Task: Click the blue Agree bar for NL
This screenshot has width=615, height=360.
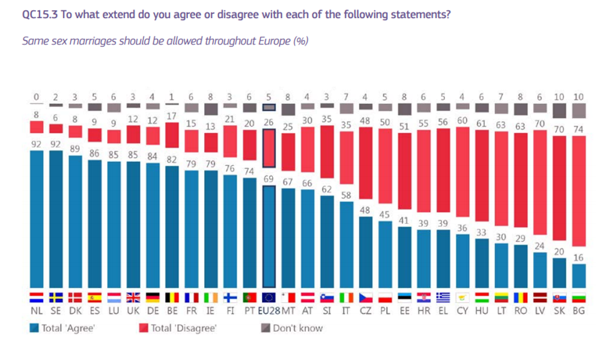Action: [x=37, y=219]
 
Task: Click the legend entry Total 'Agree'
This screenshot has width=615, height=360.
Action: [x=63, y=328]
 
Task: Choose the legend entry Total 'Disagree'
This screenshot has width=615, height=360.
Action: [x=178, y=328]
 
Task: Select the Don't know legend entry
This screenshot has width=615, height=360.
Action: [x=291, y=328]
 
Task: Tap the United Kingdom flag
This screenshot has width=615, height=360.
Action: [x=134, y=297]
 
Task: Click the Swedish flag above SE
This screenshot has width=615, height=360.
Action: [x=56, y=297]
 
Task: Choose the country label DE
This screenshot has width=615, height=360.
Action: [x=153, y=311]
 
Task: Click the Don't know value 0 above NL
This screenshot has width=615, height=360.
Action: [x=37, y=97]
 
